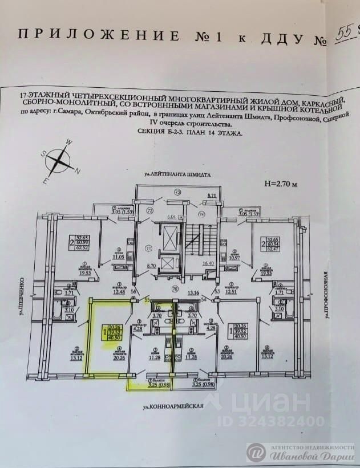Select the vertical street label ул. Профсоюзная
[324, 296]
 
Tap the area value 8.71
[212, 196]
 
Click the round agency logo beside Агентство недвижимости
[256, 451]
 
